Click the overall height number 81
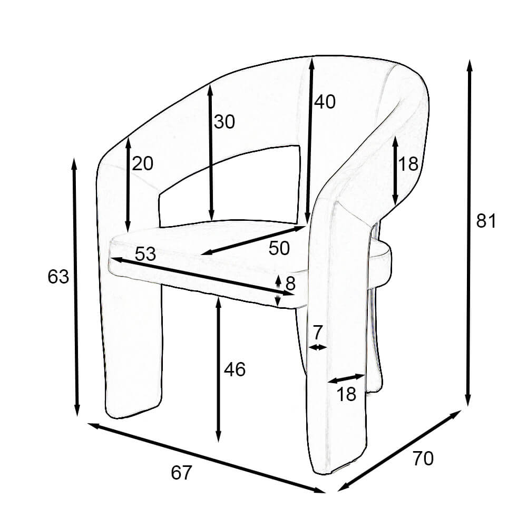(x=486, y=221)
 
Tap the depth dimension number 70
(x=423, y=458)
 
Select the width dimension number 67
(x=181, y=473)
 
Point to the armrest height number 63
(x=58, y=277)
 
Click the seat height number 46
(x=235, y=369)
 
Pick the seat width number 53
(x=145, y=254)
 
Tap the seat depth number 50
(x=279, y=248)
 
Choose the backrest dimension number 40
(x=325, y=102)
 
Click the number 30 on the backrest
(x=224, y=122)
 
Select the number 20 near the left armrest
(x=142, y=164)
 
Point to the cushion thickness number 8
(x=290, y=284)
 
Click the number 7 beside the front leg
(x=317, y=333)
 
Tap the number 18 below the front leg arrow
(x=346, y=394)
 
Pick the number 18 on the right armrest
(x=408, y=164)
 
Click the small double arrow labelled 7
(x=318, y=347)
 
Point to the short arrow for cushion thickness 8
(x=279, y=290)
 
